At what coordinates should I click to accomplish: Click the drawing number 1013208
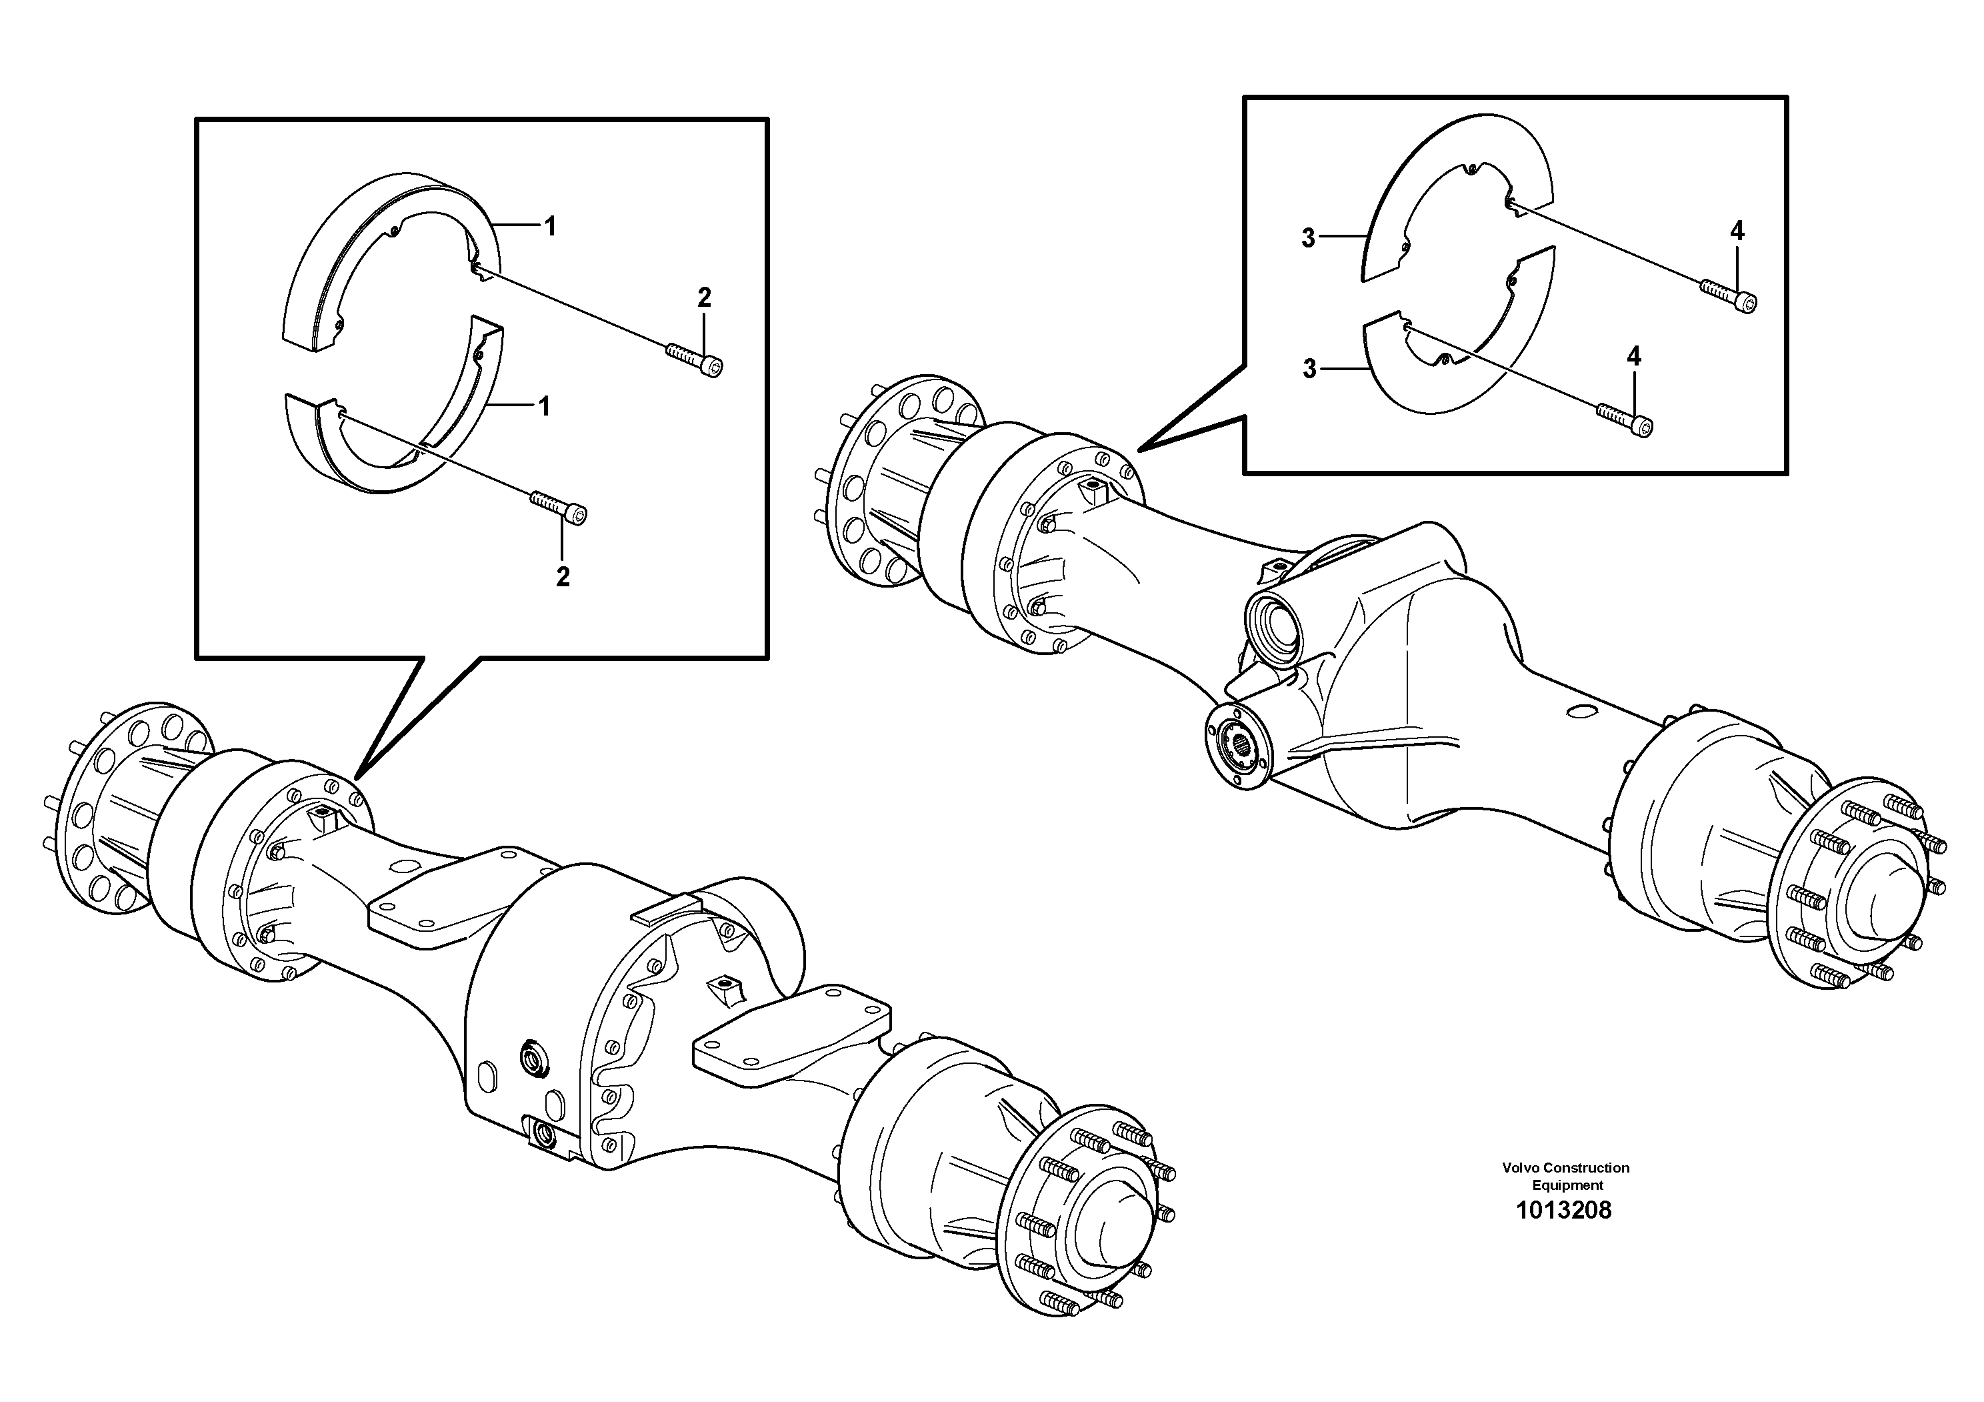click(1564, 1210)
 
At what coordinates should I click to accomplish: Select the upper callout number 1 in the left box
click(549, 227)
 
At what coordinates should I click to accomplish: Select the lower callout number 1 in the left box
click(545, 406)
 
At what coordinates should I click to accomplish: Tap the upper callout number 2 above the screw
click(704, 298)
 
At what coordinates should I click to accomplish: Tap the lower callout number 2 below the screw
click(563, 578)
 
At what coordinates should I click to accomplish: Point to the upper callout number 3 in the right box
click(1308, 239)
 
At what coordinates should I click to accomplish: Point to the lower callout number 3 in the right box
click(1309, 369)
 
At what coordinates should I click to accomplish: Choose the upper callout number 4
click(1737, 231)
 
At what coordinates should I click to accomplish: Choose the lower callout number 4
click(1633, 356)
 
